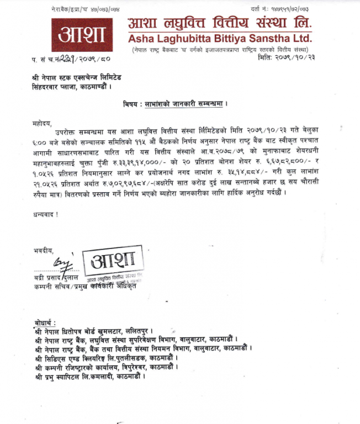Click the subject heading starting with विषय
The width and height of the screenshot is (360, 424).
click(175, 104)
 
